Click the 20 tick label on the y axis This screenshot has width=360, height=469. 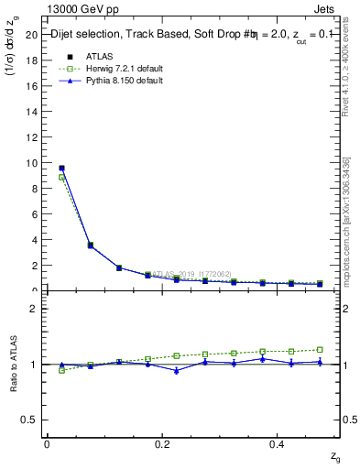point(31,35)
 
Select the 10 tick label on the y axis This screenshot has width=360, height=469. point(31,163)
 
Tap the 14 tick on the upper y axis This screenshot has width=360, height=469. point(31,112)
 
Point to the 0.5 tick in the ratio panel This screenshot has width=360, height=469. point(29,420)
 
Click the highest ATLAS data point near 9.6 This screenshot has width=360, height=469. point(61,168)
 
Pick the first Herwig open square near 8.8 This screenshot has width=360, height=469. point(61,178)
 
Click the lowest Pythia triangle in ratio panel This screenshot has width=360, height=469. point(177,371)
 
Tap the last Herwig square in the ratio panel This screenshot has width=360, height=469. point(320,349)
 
